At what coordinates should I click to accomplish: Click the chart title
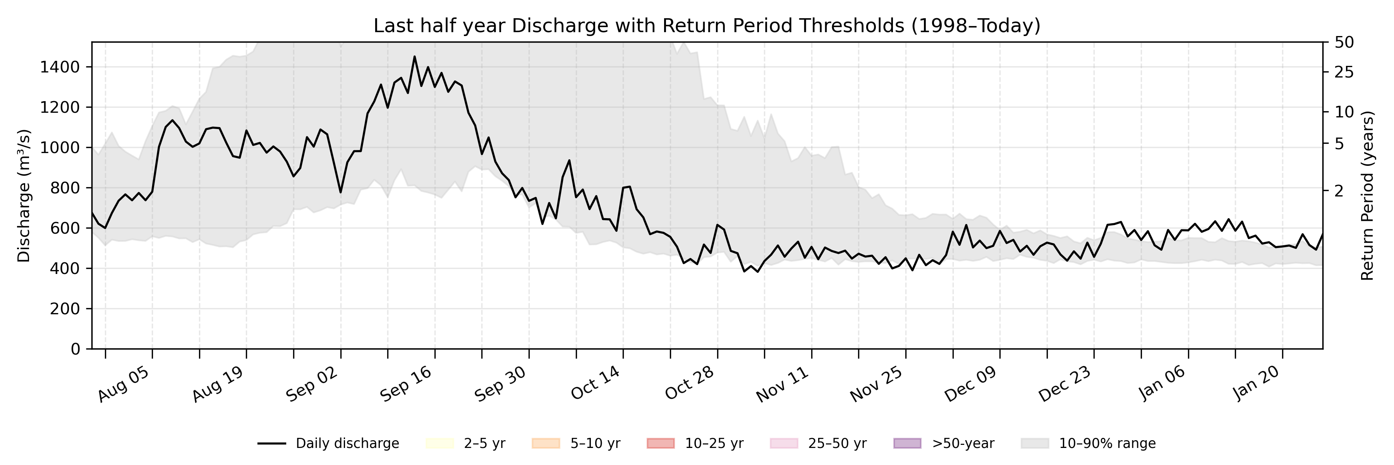point(707,26)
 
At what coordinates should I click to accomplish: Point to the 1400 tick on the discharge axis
point(60,67)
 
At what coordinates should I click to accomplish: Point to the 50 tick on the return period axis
point(1344,42)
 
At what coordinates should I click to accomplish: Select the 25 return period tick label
point(1344,72)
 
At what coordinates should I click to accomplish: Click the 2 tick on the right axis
point(1339,191)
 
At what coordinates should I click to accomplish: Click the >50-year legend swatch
point(907,443)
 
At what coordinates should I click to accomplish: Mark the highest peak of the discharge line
point(414,56)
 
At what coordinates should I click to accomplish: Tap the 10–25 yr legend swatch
point(660,443)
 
